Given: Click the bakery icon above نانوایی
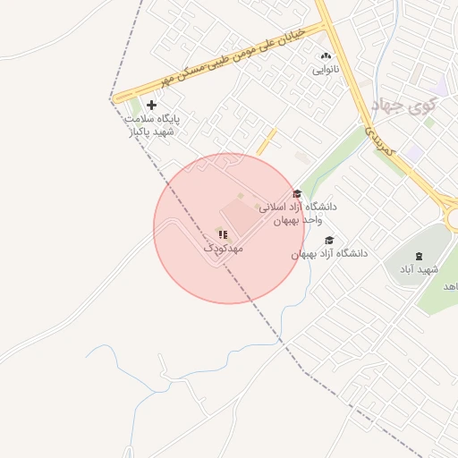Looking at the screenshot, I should click(x=324, y=55).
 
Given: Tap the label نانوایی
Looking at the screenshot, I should click(x=324, y=69).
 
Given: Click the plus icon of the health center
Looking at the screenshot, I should click(x=151, y=105).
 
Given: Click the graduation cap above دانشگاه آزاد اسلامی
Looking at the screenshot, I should click(x=297, y=193).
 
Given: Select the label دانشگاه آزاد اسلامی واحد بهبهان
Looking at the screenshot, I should click(x=297, y=212).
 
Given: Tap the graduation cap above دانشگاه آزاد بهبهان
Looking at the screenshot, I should click(x=329, y=240).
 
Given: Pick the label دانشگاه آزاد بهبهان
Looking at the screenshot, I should click(x=329, y=253).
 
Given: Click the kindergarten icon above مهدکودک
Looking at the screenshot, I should click(x=222, y=234).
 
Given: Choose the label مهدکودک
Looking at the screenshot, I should click(x=223, y=248).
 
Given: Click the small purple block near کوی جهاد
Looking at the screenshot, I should click(x=412, y=153).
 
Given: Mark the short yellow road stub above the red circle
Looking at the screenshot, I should click(x=267, y=140).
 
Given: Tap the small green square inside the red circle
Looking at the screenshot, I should click(x=240, y=196).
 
